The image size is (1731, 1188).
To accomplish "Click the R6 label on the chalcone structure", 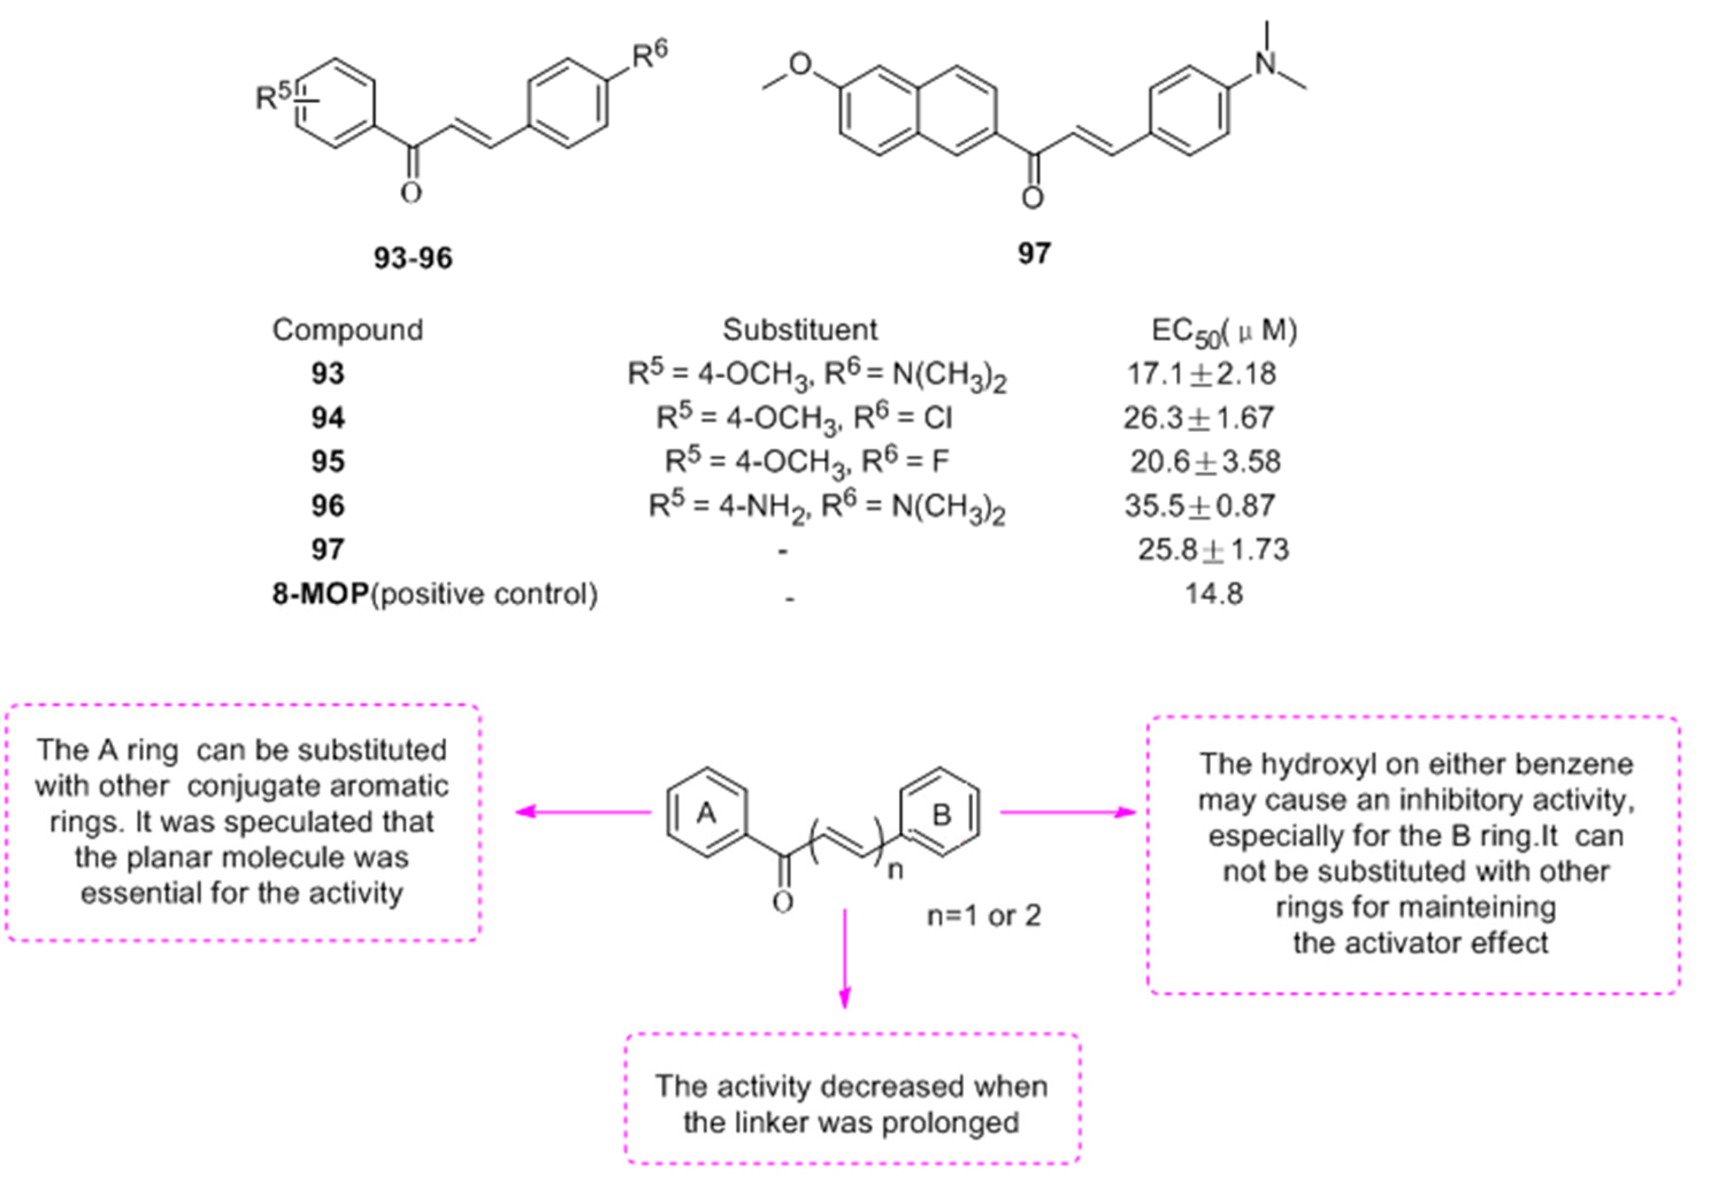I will click(x=650, y=53).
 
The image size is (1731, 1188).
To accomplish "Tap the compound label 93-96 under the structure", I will click(x=413, y=258).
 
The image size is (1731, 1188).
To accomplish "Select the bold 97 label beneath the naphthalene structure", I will click(x=1034, y=254).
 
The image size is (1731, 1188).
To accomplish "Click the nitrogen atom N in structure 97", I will click(x=1266, y=63).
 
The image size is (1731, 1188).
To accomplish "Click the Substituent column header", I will click(x=800, y=329).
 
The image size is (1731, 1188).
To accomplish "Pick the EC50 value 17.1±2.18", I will click(x=1202, y=374).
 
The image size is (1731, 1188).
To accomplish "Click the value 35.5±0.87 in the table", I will click(x=1200, y=507).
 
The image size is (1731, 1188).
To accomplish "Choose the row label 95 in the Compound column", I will click(x=328, y=462).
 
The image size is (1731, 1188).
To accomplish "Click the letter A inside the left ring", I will click(x=706, y=814).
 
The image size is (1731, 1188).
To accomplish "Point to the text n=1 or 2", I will click(x=983, y=915).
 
